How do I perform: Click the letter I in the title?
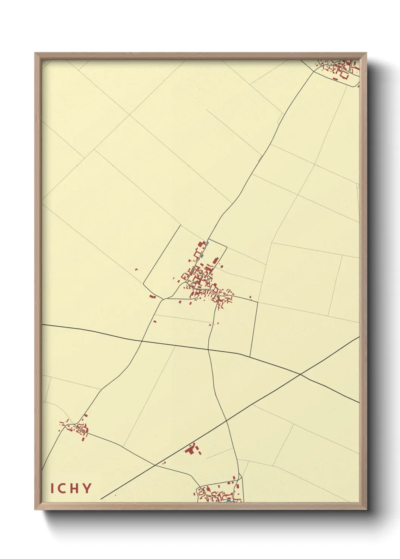point(53,488)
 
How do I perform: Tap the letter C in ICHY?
point(62,488)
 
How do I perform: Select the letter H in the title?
point(75,488)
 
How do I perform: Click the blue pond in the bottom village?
point(228,501)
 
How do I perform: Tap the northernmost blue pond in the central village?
point(207,243)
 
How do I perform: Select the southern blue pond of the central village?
point(203,256)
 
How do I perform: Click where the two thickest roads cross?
point(300,374)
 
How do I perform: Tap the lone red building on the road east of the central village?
point(250,297)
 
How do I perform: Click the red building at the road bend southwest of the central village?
point(152,296)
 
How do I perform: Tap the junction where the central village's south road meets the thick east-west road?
point(208,350)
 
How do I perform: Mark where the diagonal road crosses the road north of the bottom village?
point(226,420)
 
